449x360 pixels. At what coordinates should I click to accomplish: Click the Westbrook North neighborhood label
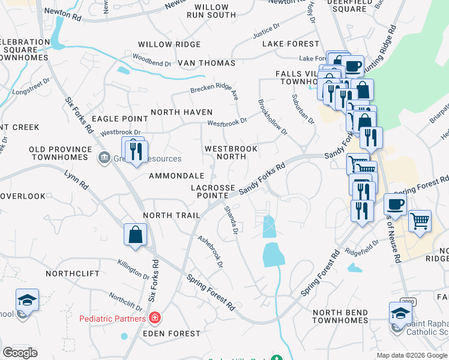231,152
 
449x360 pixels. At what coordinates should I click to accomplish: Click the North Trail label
166,215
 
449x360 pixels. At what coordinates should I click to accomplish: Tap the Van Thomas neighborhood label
197,63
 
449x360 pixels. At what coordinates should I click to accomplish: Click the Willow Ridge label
161,44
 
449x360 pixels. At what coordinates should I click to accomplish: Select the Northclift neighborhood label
72,274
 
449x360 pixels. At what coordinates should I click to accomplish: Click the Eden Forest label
171,334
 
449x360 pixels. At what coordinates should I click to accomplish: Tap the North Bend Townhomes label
340,316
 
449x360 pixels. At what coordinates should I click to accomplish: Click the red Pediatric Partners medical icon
155,317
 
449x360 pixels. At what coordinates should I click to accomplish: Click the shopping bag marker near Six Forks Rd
136,235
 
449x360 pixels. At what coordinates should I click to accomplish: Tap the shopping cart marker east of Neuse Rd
420,221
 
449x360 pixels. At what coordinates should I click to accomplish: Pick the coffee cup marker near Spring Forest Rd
395,204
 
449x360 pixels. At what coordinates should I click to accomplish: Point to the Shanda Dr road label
231,220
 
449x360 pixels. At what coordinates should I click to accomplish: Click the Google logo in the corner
20,353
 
